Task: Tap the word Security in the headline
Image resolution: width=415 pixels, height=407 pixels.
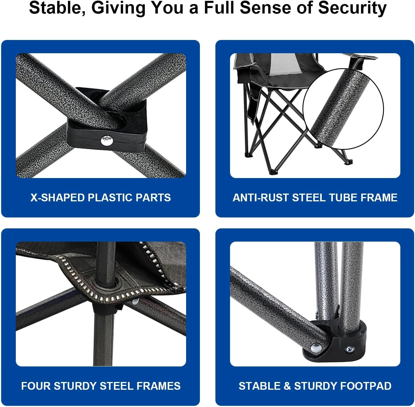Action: pyautogui.click(x=352, y=8)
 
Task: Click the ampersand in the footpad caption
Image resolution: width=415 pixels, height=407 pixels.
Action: pyautogui.click(x=287, y=386)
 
